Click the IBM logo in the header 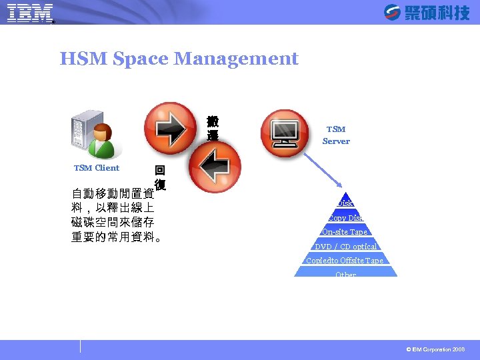coord(30,13)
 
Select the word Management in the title coord(236,59)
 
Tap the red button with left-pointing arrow coord(213,164)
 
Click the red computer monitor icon coord(285,129)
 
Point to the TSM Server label coord(336,135)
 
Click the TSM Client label coord(97,168)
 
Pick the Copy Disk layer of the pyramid coord(345,218)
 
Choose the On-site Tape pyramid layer coord(345,232)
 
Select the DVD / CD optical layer coord(345,247)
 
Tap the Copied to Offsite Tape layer coord(345,261)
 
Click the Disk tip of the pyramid coord(345,203)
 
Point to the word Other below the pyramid coord(345,275)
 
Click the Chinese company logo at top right coord(427,12)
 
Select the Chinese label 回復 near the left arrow coord(160,177)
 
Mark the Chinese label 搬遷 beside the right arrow coord(213,129)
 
